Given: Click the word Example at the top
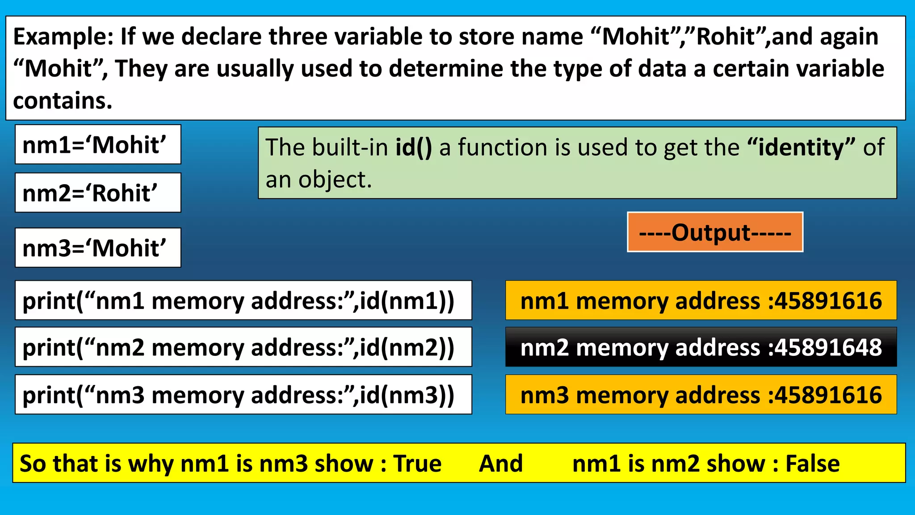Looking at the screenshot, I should [x=63, y=37].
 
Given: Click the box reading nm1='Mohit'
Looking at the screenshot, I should [x=98, y=145].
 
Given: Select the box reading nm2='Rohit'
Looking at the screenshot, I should [x=98, y=193].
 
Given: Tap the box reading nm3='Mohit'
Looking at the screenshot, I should [x=98, y=248].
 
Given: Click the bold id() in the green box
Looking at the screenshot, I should [x=413, y=148].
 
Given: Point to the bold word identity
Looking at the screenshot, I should [x=800, y=148].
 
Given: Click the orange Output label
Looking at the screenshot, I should [x=715, y=232].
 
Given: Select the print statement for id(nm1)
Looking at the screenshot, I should [x=243, y=300].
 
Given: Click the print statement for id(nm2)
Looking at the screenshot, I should [x=243, y=347].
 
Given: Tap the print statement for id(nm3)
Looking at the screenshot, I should [x=243, y=395].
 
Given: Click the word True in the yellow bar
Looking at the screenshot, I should [x=417, y=464].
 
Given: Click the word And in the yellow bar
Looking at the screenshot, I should [x=501, y=464].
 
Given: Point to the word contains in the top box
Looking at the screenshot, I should [x=62, y=101].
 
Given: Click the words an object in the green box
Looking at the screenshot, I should [x=319, y=180].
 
